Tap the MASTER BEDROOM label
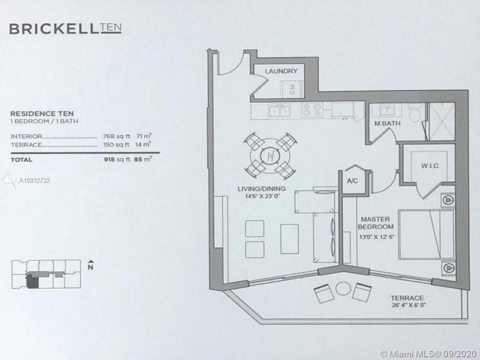[376, 223]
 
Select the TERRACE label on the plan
[407, 298]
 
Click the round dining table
[270, 154]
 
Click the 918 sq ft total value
[114, 160]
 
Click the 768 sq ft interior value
[114, 137]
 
